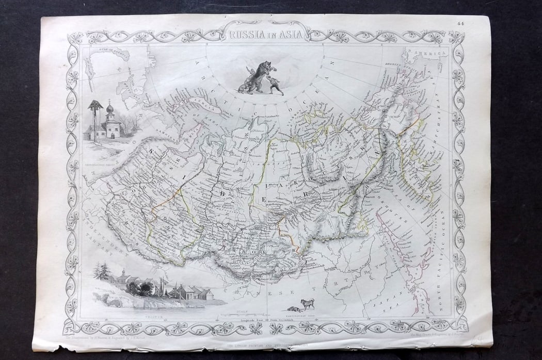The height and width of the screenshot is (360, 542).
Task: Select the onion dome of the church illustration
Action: point(109,109)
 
